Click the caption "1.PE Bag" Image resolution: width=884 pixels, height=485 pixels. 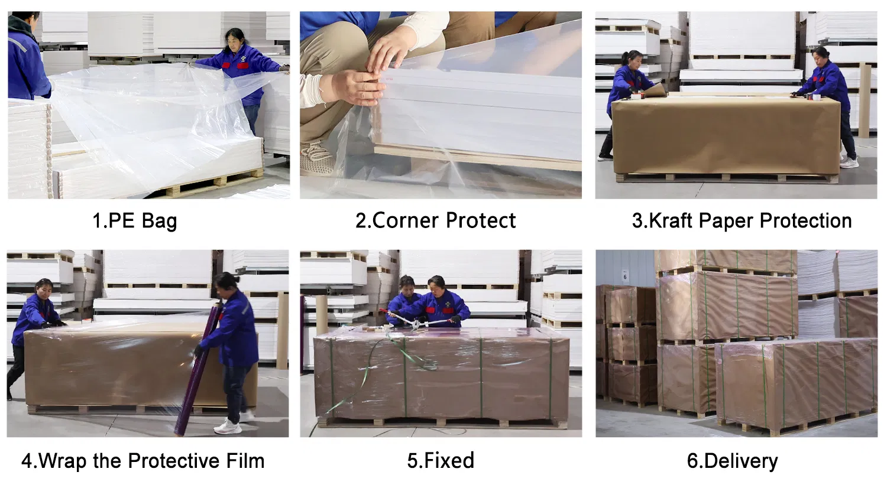[x=134, y=222]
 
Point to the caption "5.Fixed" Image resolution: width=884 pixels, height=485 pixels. [x=441, y=461]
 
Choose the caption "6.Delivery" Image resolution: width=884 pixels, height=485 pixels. [x=732, y=461]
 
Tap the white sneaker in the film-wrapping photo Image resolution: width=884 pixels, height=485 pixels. [x=228, y=427]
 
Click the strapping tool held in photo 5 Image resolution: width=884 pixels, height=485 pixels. [x=421, y=322]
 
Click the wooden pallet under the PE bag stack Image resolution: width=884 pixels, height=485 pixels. [x=213, y=181]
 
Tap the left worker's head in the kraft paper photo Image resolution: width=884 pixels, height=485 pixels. [x=632, y=59]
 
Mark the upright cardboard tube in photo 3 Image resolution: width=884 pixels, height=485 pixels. [x=864, y=100]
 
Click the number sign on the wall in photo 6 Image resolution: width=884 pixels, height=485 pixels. [x=625, y=276]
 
